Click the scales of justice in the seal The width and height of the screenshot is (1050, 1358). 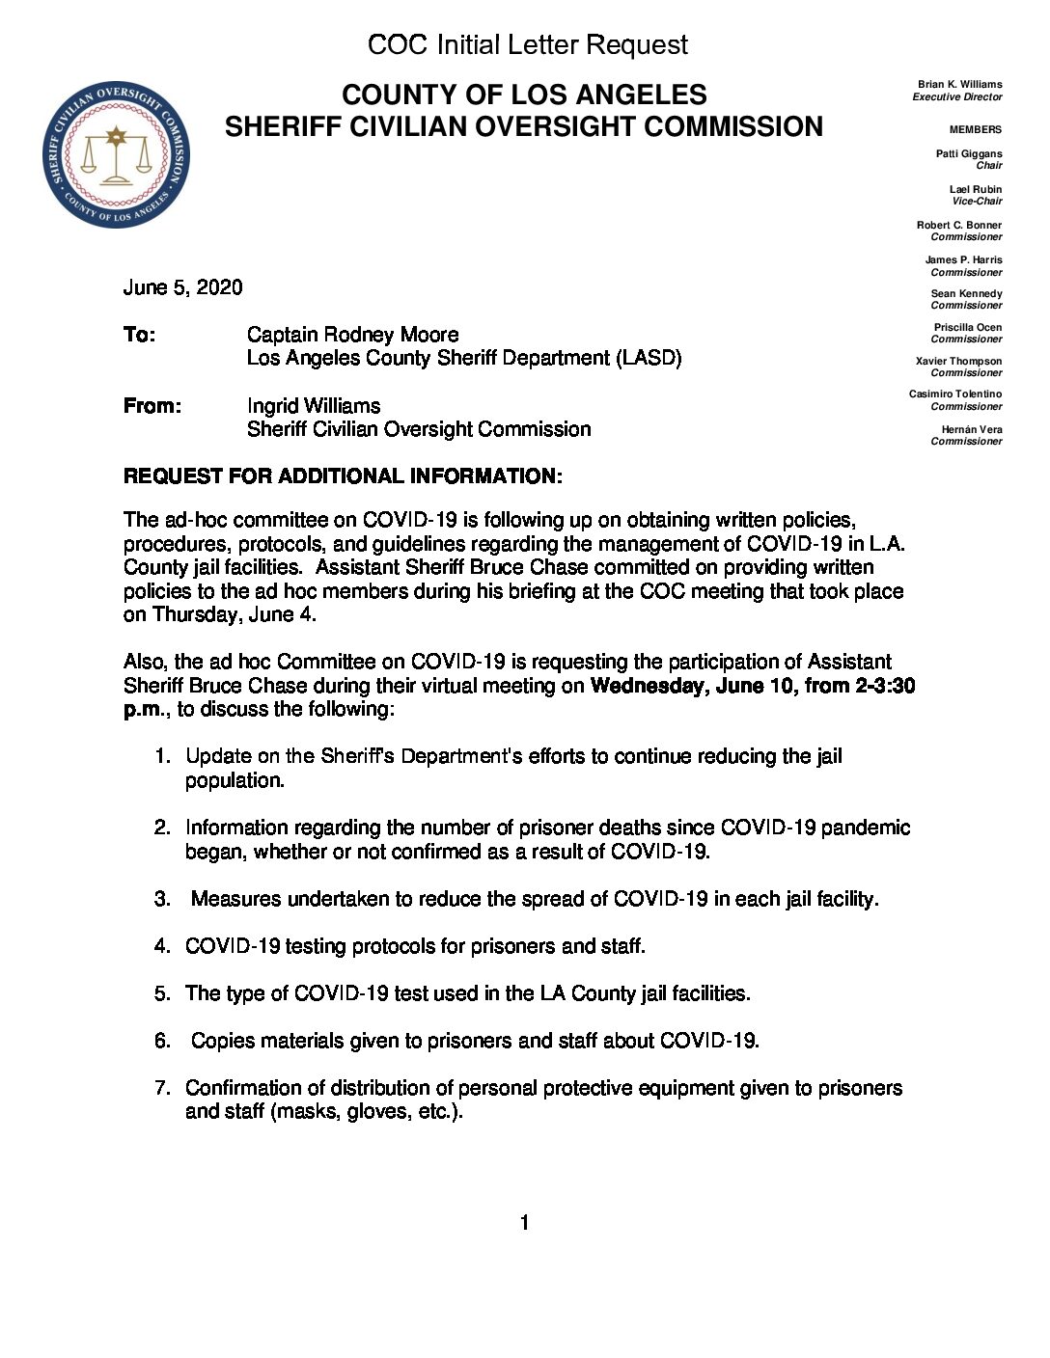pyautogui.click(x=116, y=156)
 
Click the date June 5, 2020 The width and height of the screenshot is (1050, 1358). pyautogui.click(x=182, y=287)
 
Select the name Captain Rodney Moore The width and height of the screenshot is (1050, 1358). pyautogui.click(x=352, y=335)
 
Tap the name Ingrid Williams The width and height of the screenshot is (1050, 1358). pyautogui.click(x=313, y=406)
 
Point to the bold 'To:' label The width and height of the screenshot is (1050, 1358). pyautogui.click(x=139, y=335)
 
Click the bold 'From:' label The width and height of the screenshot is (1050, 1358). pyautogui.click(x=152, y=406)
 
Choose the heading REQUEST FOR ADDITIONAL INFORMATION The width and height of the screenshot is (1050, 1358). pyautogui.click(x=343, y=476)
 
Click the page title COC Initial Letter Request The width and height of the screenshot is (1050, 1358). pyautogui.click(x=527, y=44)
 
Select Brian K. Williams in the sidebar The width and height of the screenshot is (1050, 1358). pyautogui.click(x=959, y=85)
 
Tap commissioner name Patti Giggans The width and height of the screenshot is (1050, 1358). pyautogui.click(x=968, y=154)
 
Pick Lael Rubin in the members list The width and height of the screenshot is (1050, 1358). pyautogui.click(x=975, y=189)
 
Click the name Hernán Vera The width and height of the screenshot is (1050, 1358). pyautogui.click(x=971, y=430)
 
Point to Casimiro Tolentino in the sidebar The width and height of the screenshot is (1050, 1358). pyautogui.click(x=954, y=394)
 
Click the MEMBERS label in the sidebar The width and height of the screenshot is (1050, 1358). pyautogui.click(x=975, y=129)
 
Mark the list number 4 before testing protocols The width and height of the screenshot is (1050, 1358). pyautogui.click(x=162, y=946)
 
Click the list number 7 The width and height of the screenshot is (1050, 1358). pyautogui.click(x=162, y=1088)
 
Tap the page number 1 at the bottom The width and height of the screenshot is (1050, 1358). pyautogui.click(x=524, y=1223)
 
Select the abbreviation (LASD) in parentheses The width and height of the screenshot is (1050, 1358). pyautogui.click(x=649, y=358)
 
